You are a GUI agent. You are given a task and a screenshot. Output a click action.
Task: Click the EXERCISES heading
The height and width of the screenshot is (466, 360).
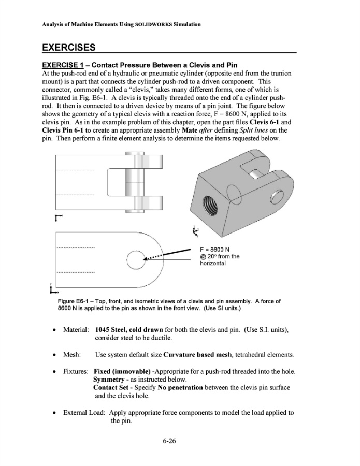coord(69,48)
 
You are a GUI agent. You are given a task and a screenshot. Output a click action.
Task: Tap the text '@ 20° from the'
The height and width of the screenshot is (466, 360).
coord(220,256)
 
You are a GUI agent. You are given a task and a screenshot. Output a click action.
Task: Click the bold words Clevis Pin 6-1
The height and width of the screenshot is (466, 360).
coord(63,130)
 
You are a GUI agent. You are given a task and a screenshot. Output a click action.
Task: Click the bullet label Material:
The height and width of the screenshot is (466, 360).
coord(76,330)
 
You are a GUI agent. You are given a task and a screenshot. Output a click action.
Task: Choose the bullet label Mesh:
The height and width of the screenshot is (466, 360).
coord(72,355)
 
